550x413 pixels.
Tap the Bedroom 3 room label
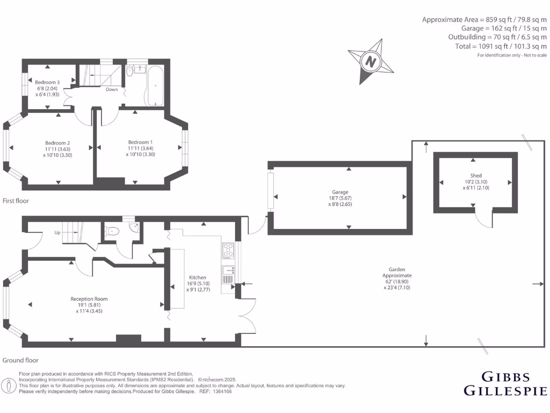[48, 82]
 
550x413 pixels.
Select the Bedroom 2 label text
[57, 143]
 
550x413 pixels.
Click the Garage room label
[340, 192]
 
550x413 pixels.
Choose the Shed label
[476, 176]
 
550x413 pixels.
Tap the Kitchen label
[197, 277]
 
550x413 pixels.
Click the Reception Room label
[89, 299]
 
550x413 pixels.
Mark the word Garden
[397, 269]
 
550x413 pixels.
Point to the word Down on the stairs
[112, 89]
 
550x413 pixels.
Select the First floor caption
[16, 201]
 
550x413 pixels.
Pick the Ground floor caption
[20, 360]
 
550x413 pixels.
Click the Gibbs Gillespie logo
[505, 383]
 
